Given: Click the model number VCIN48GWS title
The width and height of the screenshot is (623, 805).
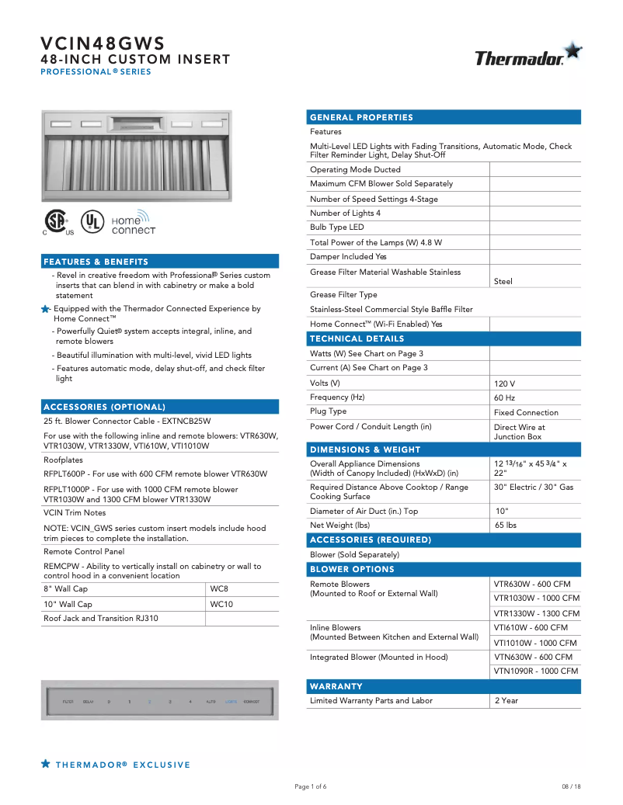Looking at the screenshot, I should click(103, 43).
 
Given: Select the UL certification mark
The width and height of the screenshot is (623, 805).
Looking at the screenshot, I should click(92, 221).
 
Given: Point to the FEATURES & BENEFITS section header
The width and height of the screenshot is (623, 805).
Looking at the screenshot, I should click(96, 262).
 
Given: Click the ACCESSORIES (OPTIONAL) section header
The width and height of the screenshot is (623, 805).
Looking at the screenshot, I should click(105, 407).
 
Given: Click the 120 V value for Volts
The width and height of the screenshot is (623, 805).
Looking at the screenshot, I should click(504, 383).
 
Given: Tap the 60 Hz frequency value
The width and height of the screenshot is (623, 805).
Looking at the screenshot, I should click(504, 398).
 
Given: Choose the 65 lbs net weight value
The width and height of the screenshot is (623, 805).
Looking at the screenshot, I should click(506, 526).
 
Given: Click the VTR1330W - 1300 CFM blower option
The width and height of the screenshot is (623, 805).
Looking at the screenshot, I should click(536, 613).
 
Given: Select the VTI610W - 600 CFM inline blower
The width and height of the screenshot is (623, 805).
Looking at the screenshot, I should click(531, 627).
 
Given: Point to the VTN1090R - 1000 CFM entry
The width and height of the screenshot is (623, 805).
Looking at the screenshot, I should click(536, 671).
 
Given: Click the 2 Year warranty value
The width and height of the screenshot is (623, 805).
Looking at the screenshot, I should click(506, 701).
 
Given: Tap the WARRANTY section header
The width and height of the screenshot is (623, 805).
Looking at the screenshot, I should click(336, 686).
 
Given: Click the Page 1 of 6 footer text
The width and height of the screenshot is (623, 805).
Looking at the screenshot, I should click(311, 786).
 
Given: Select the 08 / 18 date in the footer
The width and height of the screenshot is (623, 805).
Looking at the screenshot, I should click(571, 786).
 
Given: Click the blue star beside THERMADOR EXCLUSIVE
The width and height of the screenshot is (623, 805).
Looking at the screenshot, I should click(46, 765).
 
